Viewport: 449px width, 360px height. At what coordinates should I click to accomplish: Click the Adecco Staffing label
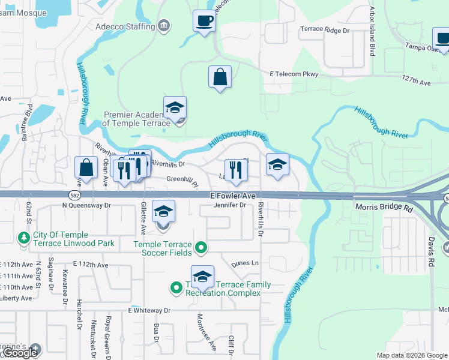coord(124,26)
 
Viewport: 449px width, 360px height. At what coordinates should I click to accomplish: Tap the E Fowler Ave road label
coord(233,196)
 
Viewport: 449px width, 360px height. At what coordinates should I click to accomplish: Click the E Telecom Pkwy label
coord(294,74)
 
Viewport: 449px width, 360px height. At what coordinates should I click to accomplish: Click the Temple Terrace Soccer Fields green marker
coord(202,247)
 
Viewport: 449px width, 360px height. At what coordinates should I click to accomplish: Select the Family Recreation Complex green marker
coord(176,288)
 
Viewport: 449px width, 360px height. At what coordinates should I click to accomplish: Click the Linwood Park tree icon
coord(24,238)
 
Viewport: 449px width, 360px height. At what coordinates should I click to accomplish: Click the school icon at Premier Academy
coord(175,108)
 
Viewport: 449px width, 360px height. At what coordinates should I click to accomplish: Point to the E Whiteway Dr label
coord(149,311)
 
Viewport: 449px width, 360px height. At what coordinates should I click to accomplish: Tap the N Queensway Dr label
coord(87,205)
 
